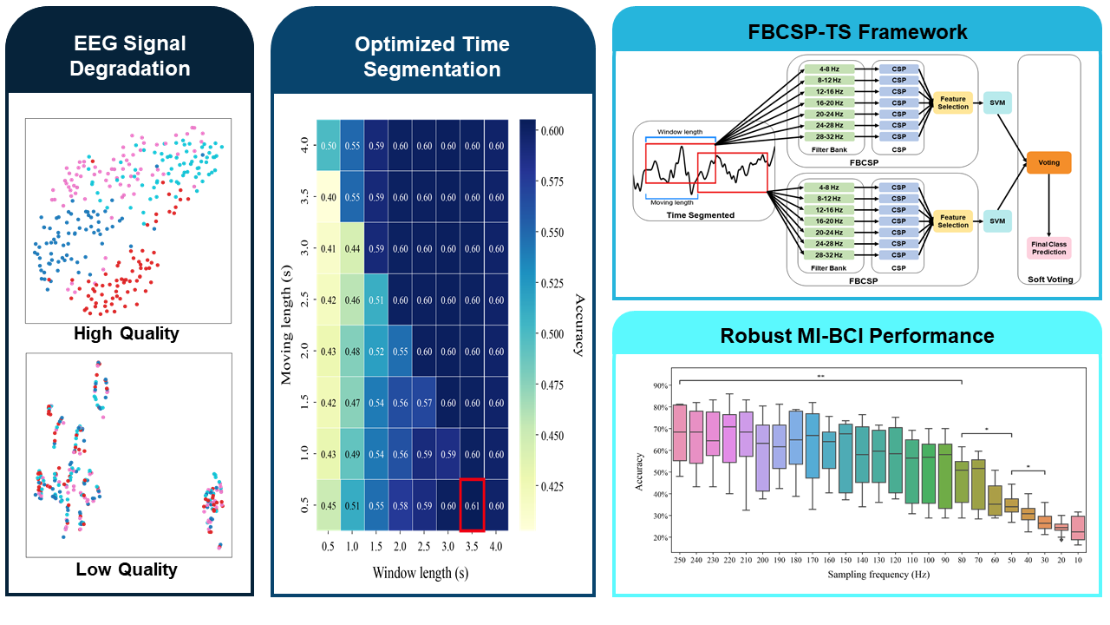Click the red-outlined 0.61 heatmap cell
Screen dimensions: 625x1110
[x=472, y=505]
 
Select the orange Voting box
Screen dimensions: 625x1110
[x=1048, y=162]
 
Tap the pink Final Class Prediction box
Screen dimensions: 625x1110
[x=1048, y=247]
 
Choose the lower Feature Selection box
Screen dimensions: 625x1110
[x=953, y=221]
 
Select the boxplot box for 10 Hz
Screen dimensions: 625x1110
[x=1077, y=528]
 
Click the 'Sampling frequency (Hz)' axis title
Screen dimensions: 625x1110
[x=878, y=576]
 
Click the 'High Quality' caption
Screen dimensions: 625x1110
[x=127, y=333]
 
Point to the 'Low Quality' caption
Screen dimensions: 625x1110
[x=127, y=569]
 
